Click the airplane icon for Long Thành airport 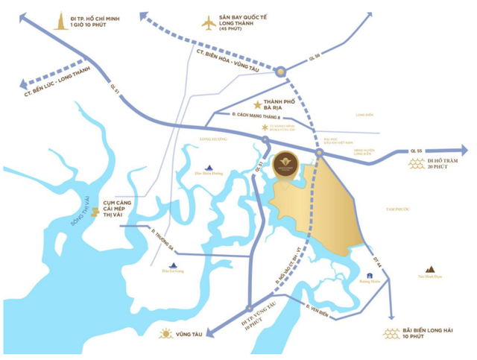pyautogui.click(x=209, y=23)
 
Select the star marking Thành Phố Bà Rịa pyautogui.click(x=258, y=105)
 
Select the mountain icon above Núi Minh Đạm pyautogui.click(x=430, y=269)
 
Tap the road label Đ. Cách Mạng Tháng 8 pyautogui.click(x=257, y=116)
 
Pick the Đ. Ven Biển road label pyautogui.click(x=318, y=308)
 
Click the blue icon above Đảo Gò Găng pyautogui.click(x=174, y=265)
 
